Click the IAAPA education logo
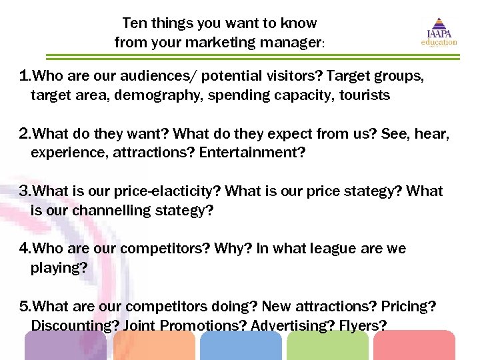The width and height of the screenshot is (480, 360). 438,32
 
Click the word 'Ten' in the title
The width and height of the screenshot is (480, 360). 134,23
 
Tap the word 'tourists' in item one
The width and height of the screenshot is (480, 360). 365,95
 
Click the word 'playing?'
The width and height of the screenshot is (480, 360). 59,268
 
